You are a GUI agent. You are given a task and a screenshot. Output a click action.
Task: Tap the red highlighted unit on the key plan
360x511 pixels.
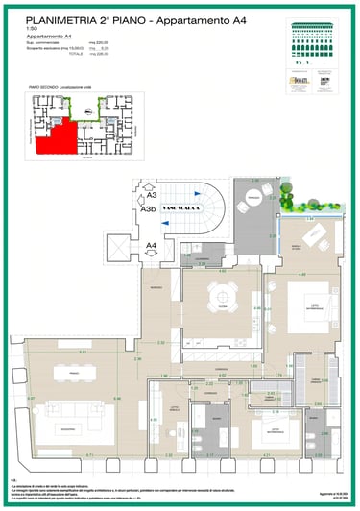pos(55,137)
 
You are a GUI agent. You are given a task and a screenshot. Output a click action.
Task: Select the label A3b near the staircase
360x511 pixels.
pos(148,208)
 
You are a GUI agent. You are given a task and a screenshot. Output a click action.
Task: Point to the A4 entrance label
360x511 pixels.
pos(151,246)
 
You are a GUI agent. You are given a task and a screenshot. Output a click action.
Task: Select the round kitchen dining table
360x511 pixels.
pos(222,306)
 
